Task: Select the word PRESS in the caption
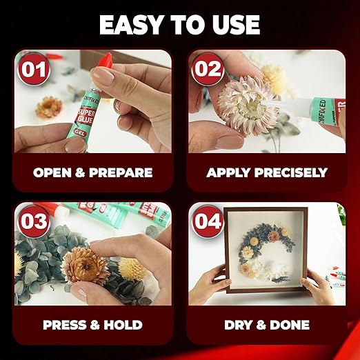tap(66, 324)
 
